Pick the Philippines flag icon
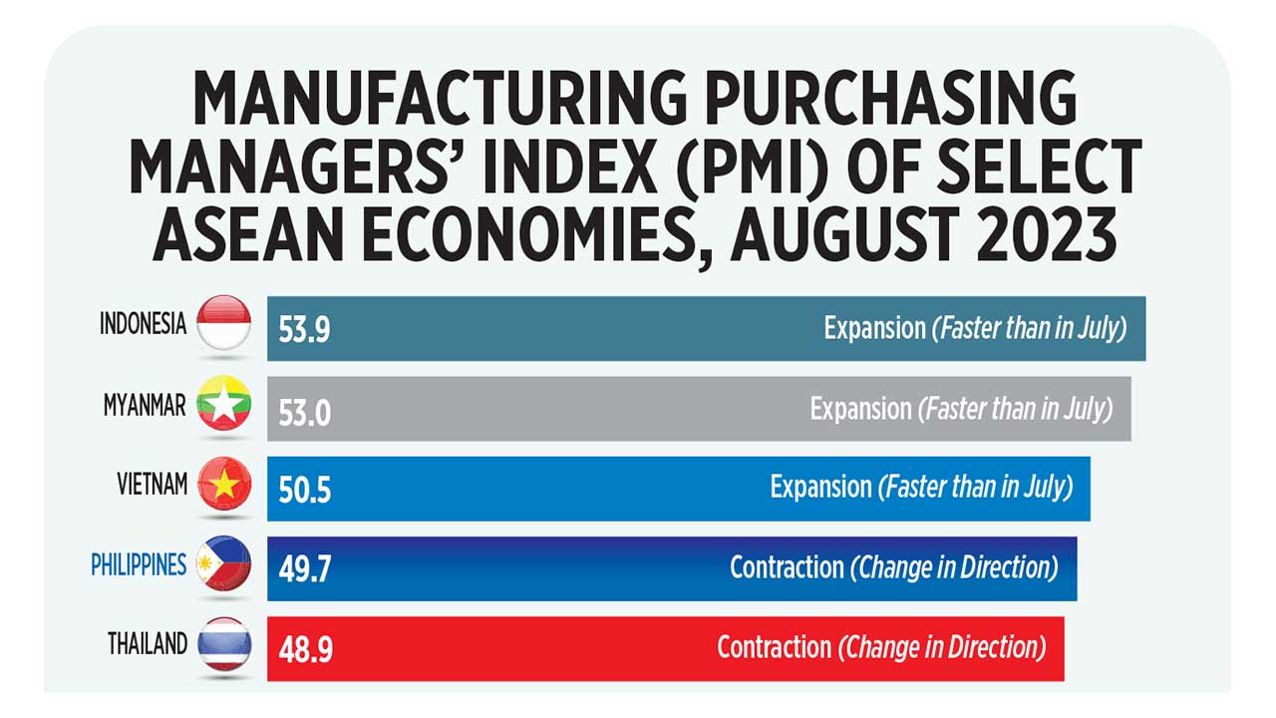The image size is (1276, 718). coord(224,565)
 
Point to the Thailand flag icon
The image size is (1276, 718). coord(224,645)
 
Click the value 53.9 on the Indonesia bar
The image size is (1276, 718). coord(304,330)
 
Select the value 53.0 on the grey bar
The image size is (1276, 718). coord(304,410)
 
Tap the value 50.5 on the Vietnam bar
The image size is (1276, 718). coord(304,490)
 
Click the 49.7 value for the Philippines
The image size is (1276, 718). coord(304,569)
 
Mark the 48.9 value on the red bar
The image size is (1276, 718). coord(304,650)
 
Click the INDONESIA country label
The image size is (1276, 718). coord(143,325)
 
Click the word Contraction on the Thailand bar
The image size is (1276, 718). coord(774,648)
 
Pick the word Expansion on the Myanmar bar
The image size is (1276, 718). coord(860,409)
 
